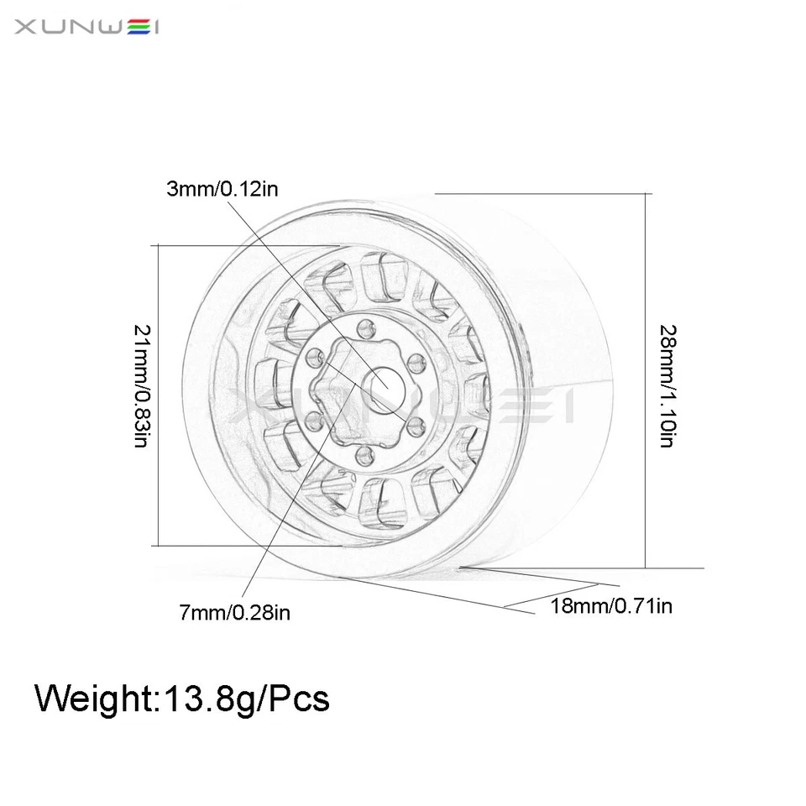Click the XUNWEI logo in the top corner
tap(86, 29)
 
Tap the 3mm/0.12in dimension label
tap(222, 188)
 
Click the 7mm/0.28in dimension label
tap(235, 613)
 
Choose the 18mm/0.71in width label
tap(611, 605)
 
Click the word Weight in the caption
tap(92, 699)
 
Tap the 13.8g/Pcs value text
tap(243, 699)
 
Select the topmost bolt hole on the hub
tap(364, 327)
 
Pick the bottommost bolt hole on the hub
tap(364, 456)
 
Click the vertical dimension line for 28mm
tap(646, 378)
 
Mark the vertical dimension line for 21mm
tap(158, 395)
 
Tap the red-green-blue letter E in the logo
tap(133, 29)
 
